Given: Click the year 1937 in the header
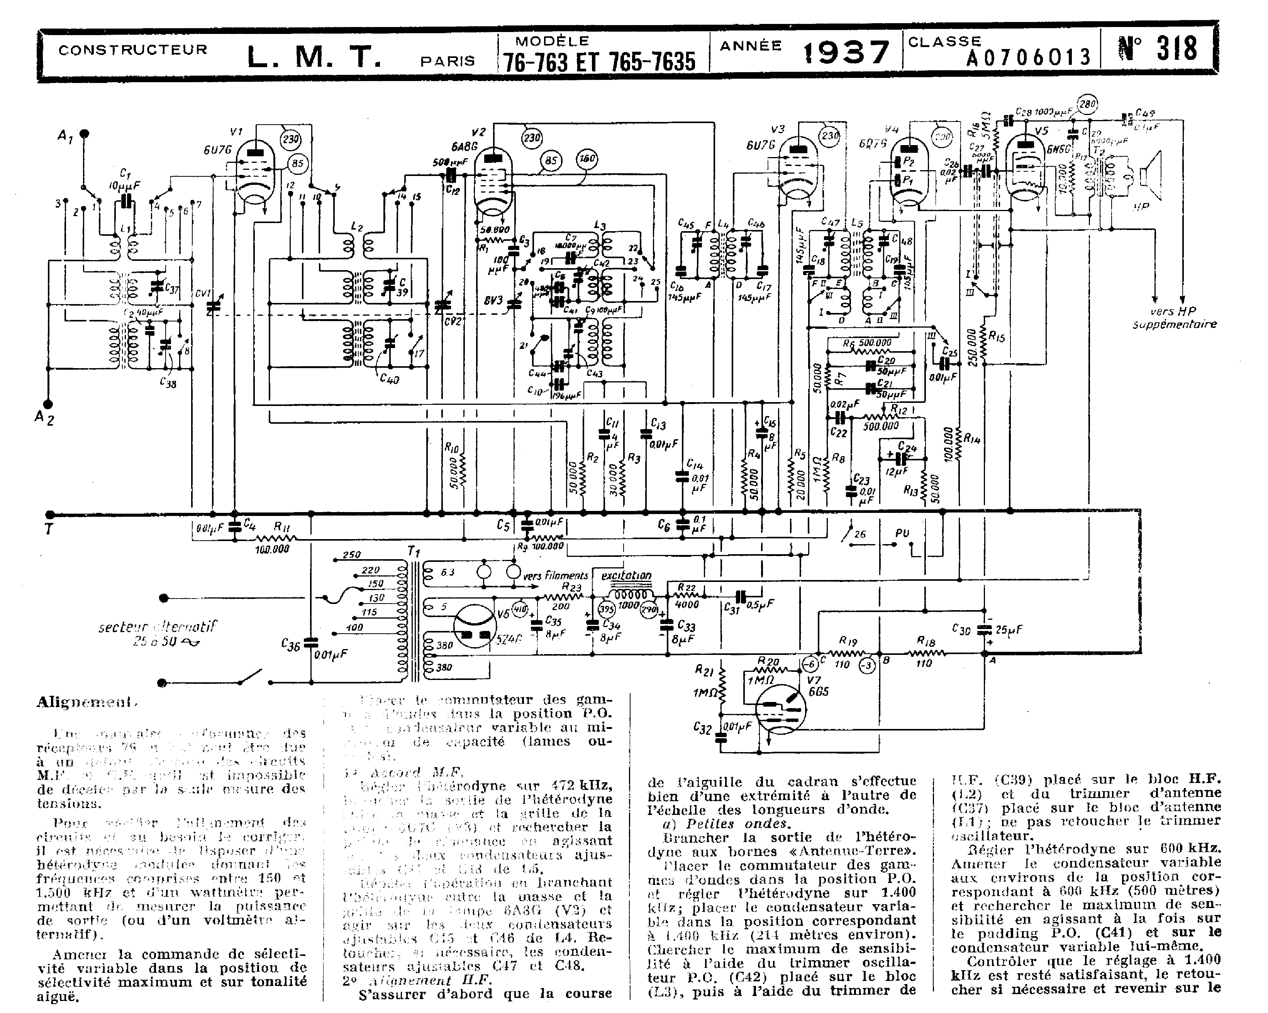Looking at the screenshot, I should coord(846,53).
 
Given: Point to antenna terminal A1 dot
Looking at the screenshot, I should coord(84,134).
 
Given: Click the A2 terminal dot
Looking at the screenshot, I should coord(48,404).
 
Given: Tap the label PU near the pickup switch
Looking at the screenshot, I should coord(902,533).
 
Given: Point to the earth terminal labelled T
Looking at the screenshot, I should coord(49,529).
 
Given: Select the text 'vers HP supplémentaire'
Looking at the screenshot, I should coord(1174,318).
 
